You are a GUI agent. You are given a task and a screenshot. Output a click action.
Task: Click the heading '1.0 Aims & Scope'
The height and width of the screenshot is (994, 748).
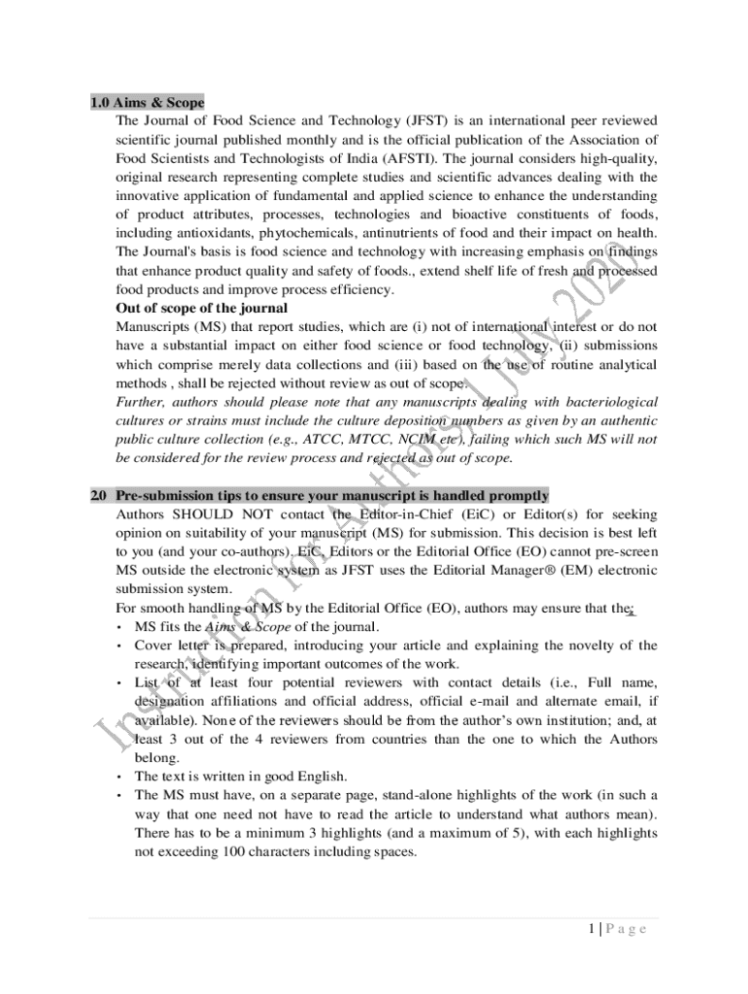(147, 102)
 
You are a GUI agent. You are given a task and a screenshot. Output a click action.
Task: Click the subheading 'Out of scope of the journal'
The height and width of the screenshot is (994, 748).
(201, 308)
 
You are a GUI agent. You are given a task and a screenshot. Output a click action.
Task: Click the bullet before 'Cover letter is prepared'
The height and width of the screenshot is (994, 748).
(119, 646)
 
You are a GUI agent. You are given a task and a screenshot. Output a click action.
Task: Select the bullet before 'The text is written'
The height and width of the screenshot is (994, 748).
(119, 777)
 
